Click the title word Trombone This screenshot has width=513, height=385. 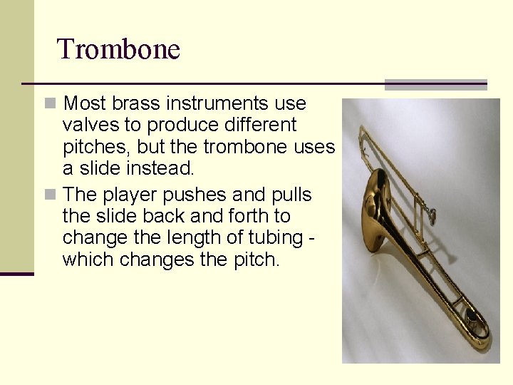click(118, 49)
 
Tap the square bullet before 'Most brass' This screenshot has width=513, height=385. click(49, 104)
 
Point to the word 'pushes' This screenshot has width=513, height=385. click(195, 195)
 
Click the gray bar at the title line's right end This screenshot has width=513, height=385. click(435, 85)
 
